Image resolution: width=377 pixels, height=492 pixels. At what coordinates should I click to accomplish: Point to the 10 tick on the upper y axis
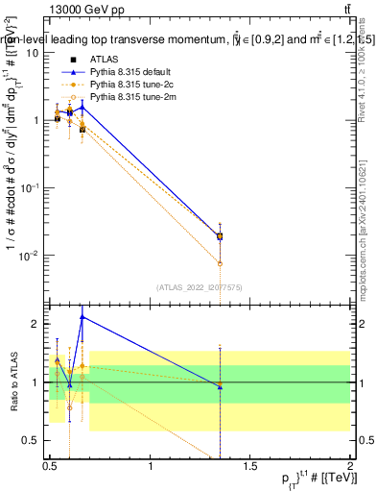coord(34,52)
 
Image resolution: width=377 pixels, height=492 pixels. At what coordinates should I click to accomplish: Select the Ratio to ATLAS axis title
coord(13,381)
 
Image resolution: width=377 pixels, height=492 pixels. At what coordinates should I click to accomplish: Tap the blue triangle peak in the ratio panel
coord(82,316)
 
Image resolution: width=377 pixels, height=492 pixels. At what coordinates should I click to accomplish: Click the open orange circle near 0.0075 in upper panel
coord(221,263)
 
